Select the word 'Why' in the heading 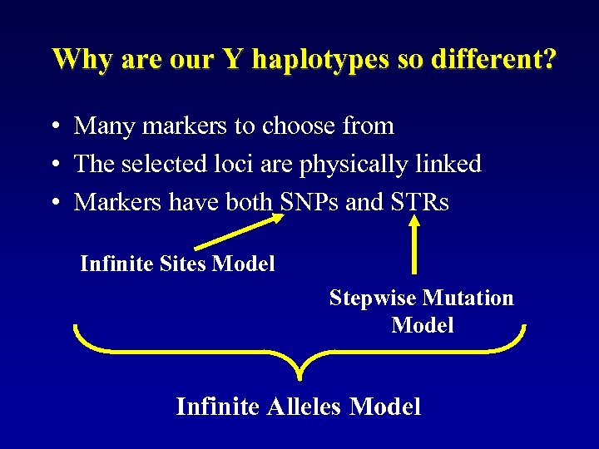77,59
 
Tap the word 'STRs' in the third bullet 418,202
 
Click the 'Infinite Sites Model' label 177,264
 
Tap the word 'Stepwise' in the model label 373,298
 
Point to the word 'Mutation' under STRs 468,298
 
